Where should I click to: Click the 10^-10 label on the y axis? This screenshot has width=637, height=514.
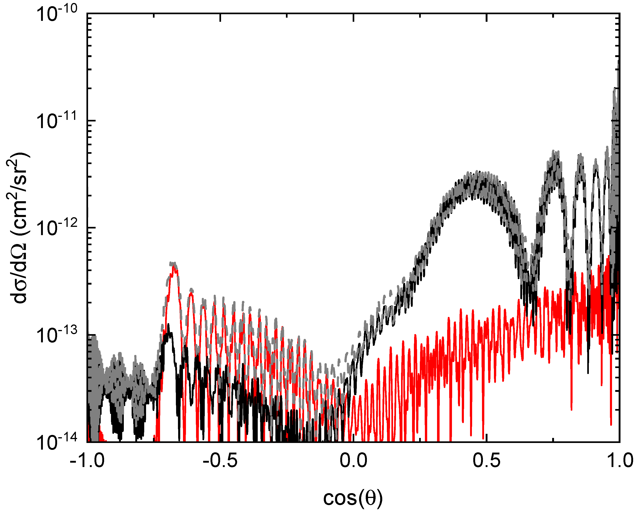tap(56, 15)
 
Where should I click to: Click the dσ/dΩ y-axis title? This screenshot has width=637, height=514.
tap(21, 228)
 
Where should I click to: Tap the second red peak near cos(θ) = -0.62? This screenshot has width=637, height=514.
tap(191, 293)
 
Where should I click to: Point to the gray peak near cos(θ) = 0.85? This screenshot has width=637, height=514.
tap(580, 155)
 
